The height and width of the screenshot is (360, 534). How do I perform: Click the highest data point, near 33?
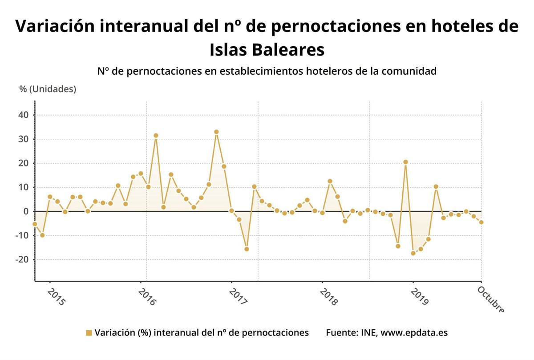coord(216,132)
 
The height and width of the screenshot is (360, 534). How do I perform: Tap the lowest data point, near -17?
coord(413,253)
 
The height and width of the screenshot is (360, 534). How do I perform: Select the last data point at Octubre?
coord(481,222)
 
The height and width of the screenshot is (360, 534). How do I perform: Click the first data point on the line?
coord(35,224)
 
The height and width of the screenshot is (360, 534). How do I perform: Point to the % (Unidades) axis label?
coord(48,89)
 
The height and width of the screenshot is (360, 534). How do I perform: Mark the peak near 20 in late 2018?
coord(405,162)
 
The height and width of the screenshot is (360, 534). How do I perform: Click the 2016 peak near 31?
coord(156,135)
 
